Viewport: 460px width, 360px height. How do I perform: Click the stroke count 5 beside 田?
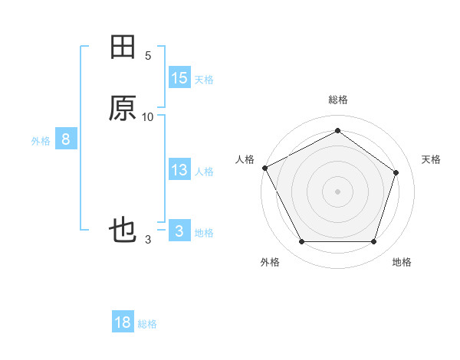pyautogui.click(x=148, y=56)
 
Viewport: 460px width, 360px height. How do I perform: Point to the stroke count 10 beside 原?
pyautogui.click(x=148, y=116)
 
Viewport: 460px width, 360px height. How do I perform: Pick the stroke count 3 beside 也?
pyautogui.click(x=148, y=240)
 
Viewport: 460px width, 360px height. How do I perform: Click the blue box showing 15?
pyautogui.click(x=179, y=78)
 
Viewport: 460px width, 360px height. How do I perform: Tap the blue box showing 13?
pyautogui.click(x=179, y=170)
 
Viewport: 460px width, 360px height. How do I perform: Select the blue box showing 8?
pyautogui.click(x=66, y=139)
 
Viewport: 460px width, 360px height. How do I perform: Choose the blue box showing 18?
pyautogui.click(x=123, y=322)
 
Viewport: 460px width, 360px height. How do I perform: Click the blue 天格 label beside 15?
pyautogui.click(x=204, y=80)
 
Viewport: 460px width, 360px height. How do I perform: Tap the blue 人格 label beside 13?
pyautogui.click(x=204, y=172)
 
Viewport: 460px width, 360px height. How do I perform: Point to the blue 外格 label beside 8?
pyautogui.click(x=41, y=141)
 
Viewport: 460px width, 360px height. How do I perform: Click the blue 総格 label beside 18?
pyautogui.click(x=147, y=324)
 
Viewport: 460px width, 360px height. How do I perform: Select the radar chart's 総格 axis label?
pyautogui.click(x=337, y=100)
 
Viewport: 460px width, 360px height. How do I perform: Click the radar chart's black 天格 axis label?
pyautogui.click(x=431, y=159)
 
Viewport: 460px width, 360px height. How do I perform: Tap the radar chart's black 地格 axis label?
pyautogui.click(x=402, y=262)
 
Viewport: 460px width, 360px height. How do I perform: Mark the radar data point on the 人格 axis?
pyautogui.click(x=264, y=167)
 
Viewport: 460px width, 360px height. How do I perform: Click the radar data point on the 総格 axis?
pyautogui.click(x=337, y=131)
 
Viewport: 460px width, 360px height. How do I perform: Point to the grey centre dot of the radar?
pyautogui.click(x=337, y=191)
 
